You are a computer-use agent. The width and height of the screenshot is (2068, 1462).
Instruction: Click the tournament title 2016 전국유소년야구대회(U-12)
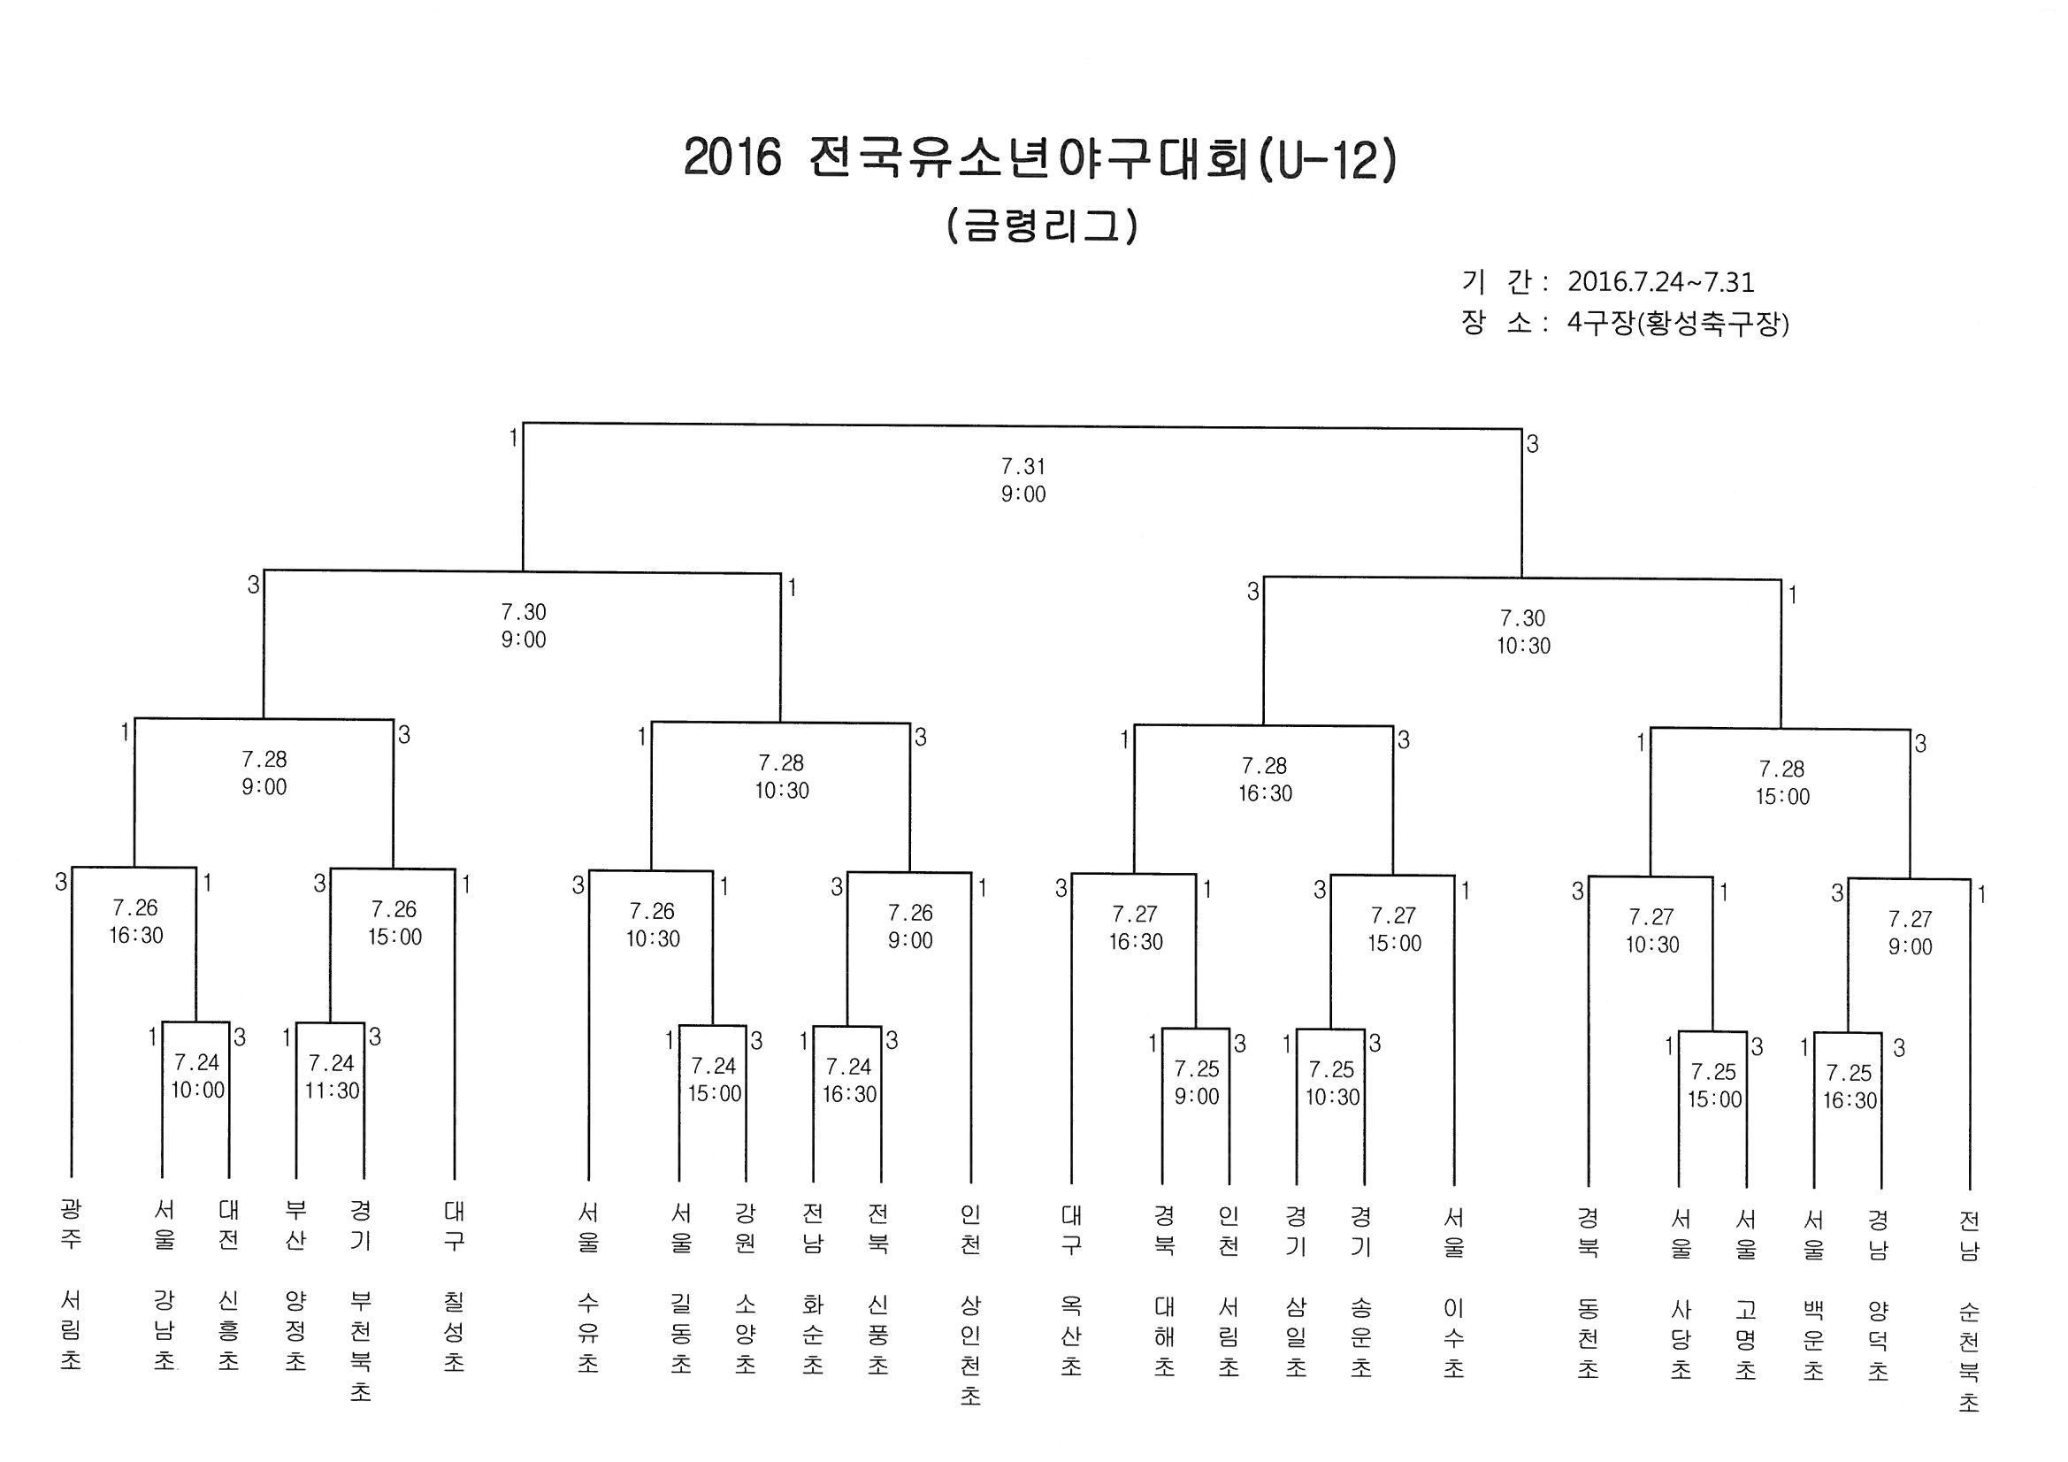tap(1039, 159)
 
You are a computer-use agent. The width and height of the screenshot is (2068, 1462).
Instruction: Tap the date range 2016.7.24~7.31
tap(1660, 282)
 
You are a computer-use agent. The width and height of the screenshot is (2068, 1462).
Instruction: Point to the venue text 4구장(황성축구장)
tap(1677, 324)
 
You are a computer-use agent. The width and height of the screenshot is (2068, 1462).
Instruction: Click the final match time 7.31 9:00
tap(1023, 480)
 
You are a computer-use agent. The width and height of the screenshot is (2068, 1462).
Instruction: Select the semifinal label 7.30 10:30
tap(1523, 631)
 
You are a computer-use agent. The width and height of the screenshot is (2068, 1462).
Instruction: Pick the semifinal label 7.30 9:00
tap(524, 625)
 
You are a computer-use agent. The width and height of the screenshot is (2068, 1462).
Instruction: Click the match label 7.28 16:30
tap(1265, 779)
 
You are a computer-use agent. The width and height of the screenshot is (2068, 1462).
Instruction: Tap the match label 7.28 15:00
tap(1781, 782)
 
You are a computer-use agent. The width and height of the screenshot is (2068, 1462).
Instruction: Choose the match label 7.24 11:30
tap(332, 1076)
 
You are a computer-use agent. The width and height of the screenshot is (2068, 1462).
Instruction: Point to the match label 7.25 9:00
tap(1196, 1082)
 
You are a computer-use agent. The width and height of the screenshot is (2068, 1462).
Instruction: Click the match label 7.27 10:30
tap(1652, 930)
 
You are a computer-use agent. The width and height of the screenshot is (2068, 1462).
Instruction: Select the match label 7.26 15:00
tap(394, 922)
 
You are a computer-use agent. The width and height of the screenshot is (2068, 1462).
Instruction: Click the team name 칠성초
tap(454, 1330)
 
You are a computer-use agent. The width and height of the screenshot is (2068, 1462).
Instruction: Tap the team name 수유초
tap(587, 1332)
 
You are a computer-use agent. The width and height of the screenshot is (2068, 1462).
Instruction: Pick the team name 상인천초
tap(970, 1350)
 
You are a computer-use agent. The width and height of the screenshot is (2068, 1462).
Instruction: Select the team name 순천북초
tap(1969, 1355)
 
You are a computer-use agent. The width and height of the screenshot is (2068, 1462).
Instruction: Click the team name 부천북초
tap(360, 1346)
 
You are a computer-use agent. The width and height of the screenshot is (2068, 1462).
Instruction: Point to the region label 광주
tap(70, 1223)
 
